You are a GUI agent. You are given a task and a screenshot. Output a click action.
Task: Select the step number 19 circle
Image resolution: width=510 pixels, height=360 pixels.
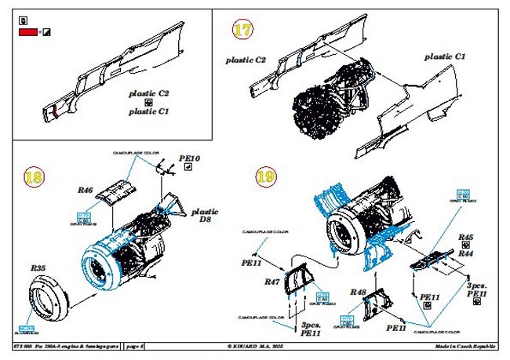(264, 176)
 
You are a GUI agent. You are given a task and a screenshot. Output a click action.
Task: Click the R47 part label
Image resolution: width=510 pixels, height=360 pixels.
(273, 280)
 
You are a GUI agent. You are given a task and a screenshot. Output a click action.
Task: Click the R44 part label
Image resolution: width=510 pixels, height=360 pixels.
(466, 253)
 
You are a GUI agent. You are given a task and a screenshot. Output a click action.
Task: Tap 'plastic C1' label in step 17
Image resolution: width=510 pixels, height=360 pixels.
(446, 57)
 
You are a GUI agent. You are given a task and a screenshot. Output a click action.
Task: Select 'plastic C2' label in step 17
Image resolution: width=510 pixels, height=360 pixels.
(246, 60)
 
